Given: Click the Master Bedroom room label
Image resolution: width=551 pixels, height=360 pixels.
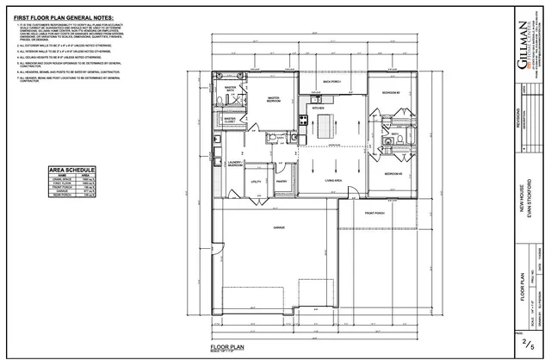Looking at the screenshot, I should click(x=275, y=124).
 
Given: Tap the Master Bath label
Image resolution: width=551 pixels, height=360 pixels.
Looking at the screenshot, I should click(x=230, y=113).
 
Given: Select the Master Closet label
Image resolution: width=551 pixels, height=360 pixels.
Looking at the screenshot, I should click(x=229, y=144).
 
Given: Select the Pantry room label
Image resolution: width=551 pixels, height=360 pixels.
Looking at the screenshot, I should click(x=281, y=182).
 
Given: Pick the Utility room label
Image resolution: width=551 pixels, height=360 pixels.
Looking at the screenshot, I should click(x=256, y=182).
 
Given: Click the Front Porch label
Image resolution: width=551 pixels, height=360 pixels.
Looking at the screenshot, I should click(x=374, y=212).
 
